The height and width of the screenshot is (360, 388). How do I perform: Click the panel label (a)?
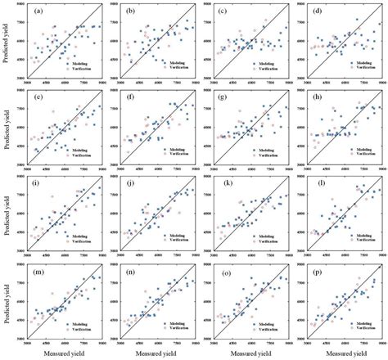38,11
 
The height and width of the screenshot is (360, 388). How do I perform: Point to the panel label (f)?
131,99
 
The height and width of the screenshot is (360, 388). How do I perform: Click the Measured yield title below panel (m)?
65,353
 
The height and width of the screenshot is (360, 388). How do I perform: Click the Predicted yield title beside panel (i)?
7,216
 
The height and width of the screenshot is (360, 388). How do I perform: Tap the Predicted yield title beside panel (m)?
7,304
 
